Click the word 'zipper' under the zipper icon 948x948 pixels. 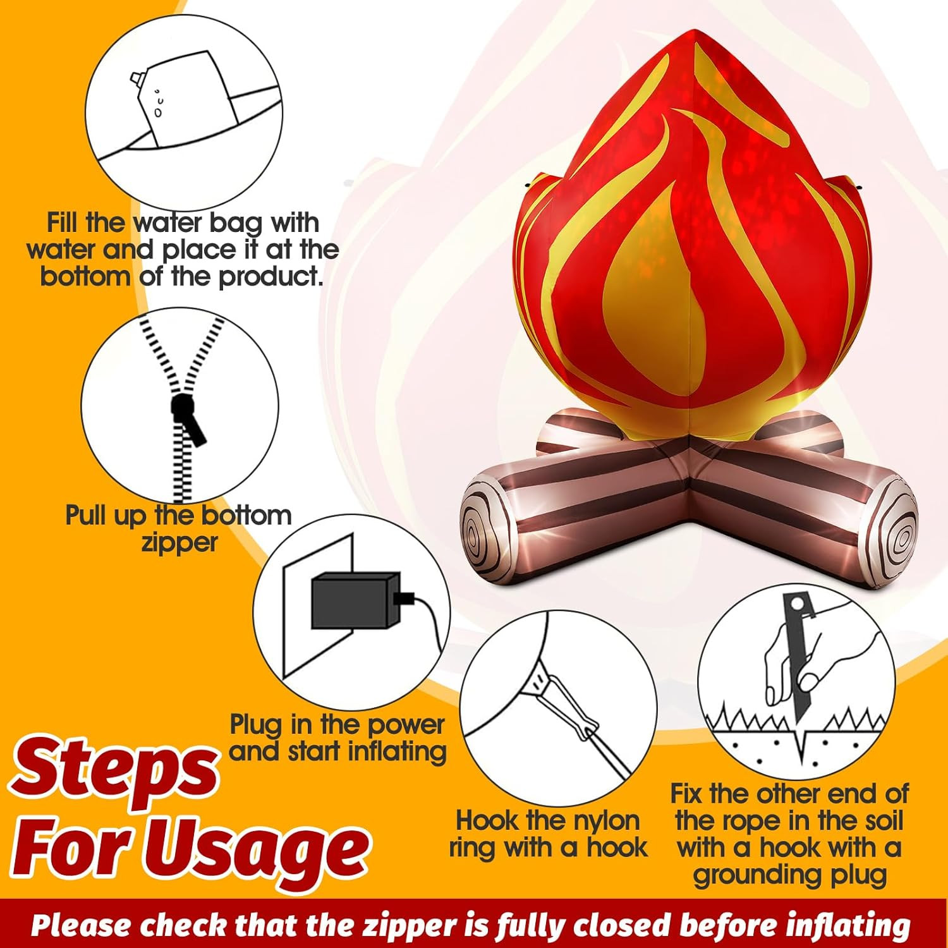point(179,543)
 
